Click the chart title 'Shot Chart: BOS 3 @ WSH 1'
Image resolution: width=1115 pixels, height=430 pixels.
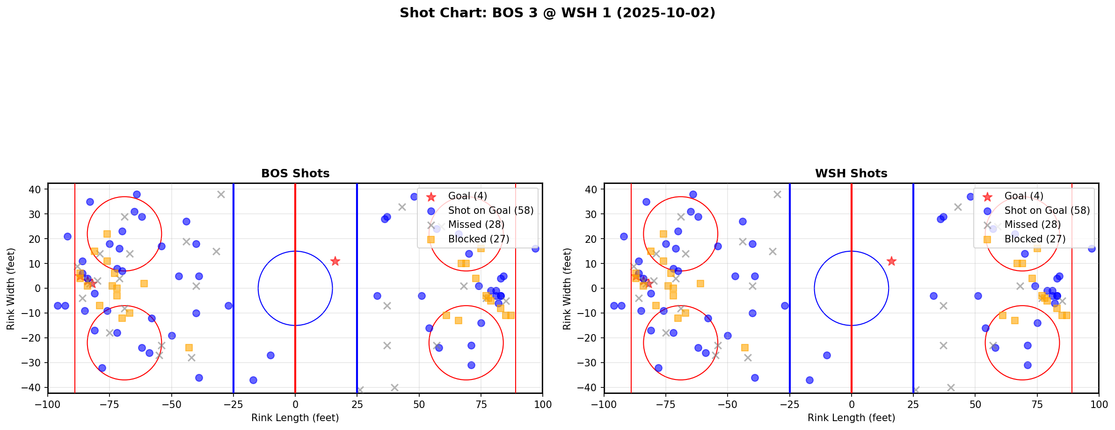coord(557,13)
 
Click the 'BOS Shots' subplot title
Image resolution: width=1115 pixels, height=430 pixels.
coord(295,174)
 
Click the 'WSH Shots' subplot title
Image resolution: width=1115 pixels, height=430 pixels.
coord(851,174)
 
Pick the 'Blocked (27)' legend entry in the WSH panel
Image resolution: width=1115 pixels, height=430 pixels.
coord(1035,239)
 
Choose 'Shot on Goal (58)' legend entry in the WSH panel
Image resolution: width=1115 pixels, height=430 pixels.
coord(1047,211)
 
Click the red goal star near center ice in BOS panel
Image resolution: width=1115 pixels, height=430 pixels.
coord(335,261)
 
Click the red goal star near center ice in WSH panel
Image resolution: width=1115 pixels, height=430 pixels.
coord(891,261)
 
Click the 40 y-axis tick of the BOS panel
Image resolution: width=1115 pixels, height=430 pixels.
coord(37,189)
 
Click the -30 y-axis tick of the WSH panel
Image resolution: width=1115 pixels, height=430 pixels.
coord(591,363)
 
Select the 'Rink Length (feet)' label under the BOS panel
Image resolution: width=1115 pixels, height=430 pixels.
coord(295,418)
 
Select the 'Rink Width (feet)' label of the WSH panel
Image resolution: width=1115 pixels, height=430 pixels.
coord(567,288)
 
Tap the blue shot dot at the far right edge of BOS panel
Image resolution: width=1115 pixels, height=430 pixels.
coord(535,248)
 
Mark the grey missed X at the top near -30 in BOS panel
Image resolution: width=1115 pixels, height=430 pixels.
coord(221,194)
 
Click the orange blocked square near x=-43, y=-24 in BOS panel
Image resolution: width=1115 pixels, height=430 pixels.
coord(189,348)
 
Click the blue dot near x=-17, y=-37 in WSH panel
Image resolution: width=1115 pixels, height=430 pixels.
coord(809,380)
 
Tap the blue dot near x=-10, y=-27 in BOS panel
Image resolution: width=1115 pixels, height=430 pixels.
coord(270,355)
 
